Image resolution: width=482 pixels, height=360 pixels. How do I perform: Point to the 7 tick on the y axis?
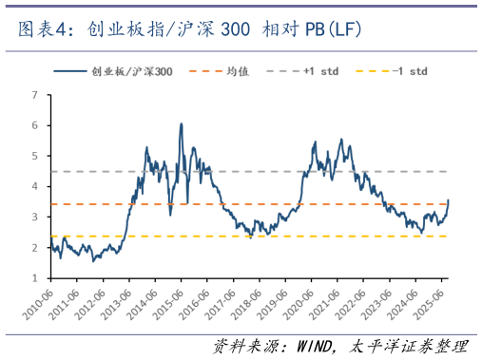click(35, 95)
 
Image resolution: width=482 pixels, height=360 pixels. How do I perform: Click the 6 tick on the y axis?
click(35, 125)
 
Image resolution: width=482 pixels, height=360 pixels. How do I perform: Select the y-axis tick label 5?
click(35, 156)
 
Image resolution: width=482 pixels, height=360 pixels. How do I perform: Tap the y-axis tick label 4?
click(35, 187)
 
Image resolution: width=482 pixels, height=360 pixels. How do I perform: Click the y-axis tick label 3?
click(35, 218)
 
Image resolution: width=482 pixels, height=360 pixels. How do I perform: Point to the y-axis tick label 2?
click(35, 248)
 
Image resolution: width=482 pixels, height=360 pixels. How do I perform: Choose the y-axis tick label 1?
click(35, 278)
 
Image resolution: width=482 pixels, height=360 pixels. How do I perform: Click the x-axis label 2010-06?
click(35, 302)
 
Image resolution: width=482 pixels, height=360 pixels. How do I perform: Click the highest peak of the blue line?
click(181, 123)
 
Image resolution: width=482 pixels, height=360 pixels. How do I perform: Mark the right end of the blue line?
click(449, 200)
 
